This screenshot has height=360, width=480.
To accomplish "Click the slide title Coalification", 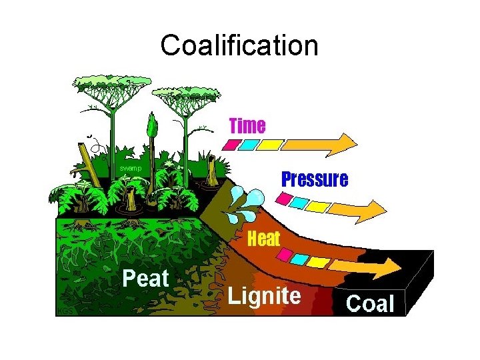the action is pos(239,46).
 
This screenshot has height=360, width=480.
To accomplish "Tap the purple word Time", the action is pos(247,125).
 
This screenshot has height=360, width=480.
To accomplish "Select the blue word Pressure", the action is pos(314,179).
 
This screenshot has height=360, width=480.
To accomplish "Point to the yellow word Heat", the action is pos(263,239).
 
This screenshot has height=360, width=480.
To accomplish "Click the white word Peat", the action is pos(145,278).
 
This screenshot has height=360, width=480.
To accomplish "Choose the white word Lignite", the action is pos(264,295).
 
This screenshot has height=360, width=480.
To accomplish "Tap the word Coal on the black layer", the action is pos(370,304).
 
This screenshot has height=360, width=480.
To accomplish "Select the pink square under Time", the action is pos(231,144).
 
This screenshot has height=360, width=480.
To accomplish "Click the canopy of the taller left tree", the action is pos(112,85).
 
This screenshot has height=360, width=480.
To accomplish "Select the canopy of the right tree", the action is pos(182,97).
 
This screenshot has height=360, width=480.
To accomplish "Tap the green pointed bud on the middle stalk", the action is pos(153,125).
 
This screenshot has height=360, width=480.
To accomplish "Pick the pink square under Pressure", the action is pos(283,198).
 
